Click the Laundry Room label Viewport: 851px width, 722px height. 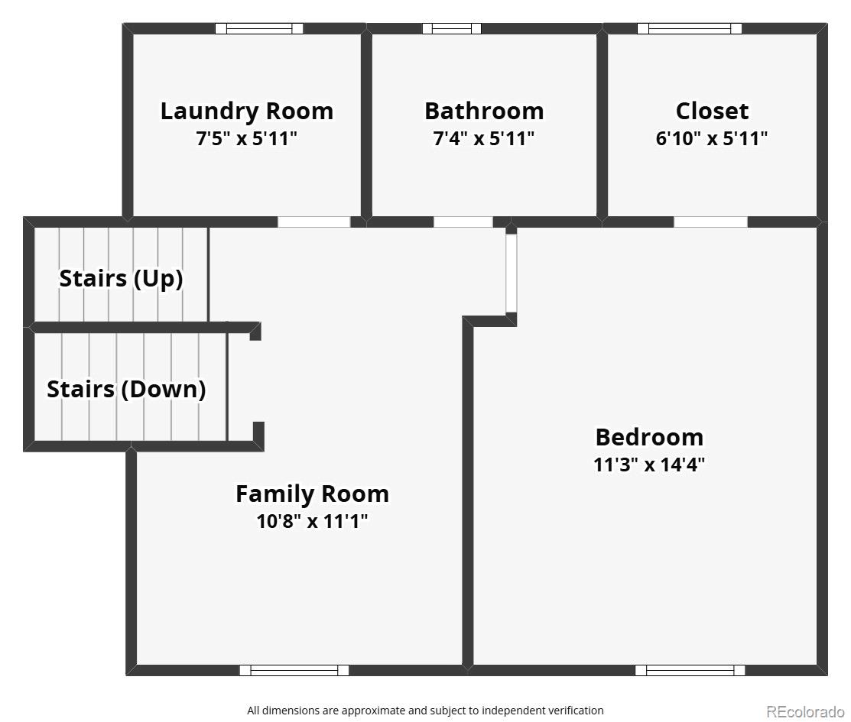pos(247,112)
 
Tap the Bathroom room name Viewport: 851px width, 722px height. pos(484,112)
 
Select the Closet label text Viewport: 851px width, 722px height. pos(712,112)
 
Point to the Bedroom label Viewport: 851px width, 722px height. pos(649,437)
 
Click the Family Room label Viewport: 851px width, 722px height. pos(312,494)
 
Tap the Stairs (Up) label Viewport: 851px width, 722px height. pos(121,279)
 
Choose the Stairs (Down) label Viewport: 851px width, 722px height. pos(126,390)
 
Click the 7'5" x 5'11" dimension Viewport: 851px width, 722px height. pos(247,139)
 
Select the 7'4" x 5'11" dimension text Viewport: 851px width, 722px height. pos(484,139)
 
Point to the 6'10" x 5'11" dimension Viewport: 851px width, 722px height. pos(712,139)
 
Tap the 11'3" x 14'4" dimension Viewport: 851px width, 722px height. pos(649,465)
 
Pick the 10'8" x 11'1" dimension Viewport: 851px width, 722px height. pos(312,522)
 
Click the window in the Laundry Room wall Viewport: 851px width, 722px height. pos(259,29)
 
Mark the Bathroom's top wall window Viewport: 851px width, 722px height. pos(452,29)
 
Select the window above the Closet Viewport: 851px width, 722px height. pos(689,29)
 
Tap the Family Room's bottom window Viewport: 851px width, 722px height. pos(294,671)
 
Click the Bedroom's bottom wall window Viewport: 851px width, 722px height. pos(690,671)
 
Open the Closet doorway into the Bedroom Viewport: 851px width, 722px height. pos(710,222)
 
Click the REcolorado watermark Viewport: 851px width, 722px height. pos(805,711)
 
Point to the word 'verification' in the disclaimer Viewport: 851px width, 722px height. pos(576,711)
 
